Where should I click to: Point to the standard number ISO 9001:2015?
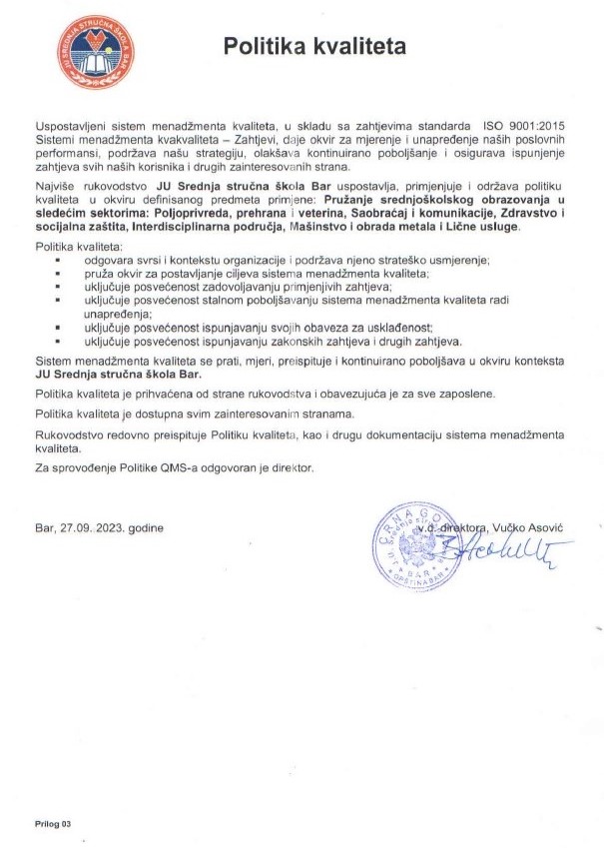pos(524,127)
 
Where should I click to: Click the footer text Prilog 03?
pos(54,824)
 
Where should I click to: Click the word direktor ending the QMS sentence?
pos(291,467)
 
